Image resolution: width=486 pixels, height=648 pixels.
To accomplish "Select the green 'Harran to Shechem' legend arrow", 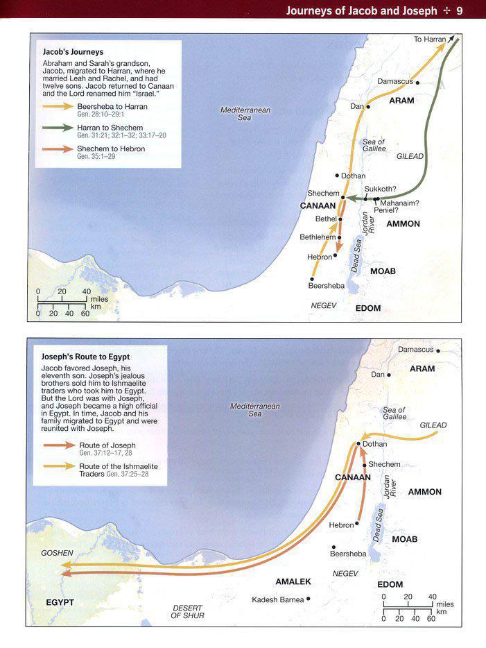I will coord(58,128).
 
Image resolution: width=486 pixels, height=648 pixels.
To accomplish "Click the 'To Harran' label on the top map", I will coord(430,40).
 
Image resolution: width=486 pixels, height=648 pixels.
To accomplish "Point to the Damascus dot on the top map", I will coord(417,82).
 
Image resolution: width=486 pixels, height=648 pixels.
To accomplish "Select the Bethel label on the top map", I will coord(325,219).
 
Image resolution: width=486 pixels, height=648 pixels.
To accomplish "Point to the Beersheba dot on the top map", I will coord(313,280).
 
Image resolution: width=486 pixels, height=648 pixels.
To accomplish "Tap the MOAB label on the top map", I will coord(383,271).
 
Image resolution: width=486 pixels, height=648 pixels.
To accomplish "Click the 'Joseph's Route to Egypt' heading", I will coord(86,357).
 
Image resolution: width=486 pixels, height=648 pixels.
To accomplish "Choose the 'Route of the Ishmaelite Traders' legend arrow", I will coord(58,466).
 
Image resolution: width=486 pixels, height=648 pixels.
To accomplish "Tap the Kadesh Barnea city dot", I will coord(309,599).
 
